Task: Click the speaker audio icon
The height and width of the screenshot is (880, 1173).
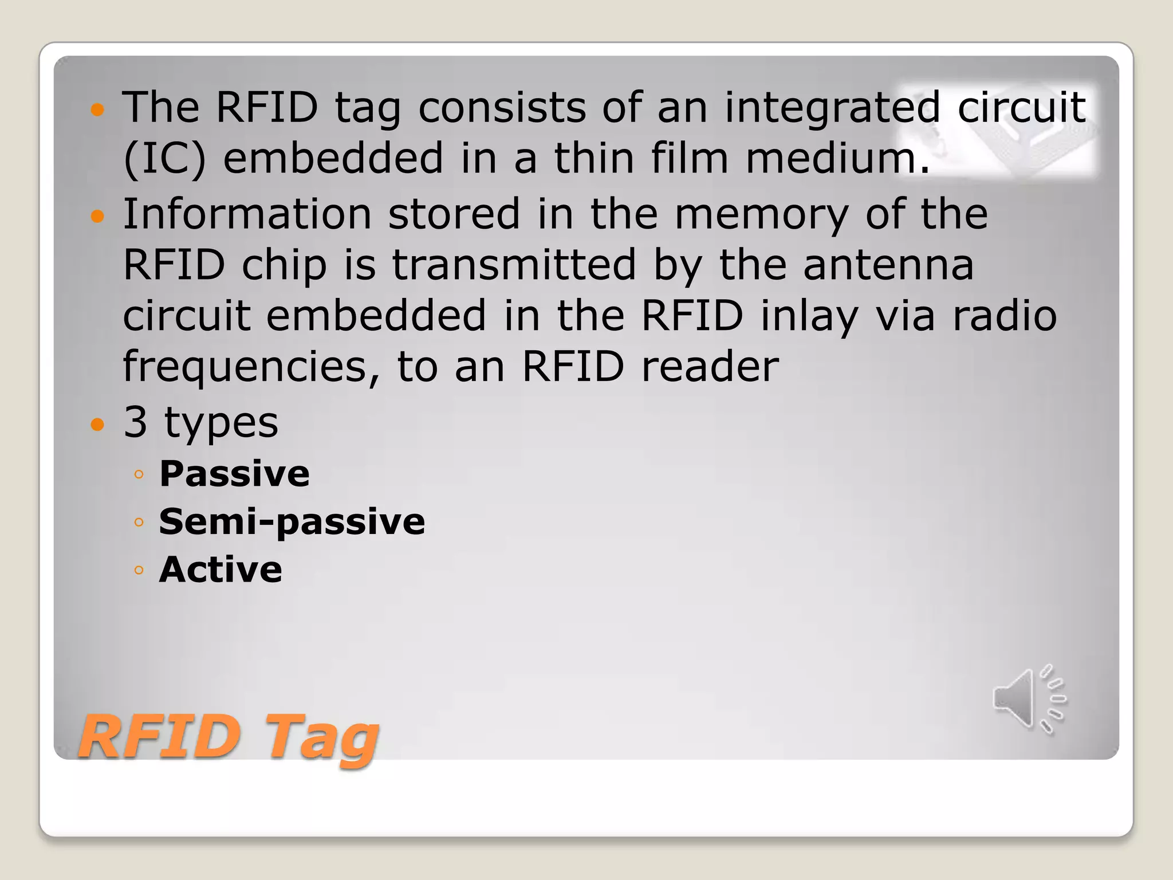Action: pyautogui.click(x=1029, y=700)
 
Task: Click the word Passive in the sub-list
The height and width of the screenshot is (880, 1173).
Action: pyautogui.click(x=234, y=474)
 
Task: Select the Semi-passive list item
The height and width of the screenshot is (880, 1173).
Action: pyautogui.click(x=292, y=522)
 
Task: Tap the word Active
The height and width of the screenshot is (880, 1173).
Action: pyautogui.click(x=221, y=569)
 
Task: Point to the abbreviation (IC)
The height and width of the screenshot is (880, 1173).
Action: pyautogui.click(x=164, y=158)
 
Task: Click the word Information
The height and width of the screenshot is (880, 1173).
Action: pyautogui.click(x=247, y=214)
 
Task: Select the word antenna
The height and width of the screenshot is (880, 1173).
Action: pyautogui.click(x=888, y=265)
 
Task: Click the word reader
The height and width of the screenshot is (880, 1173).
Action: pyautogui.click(x=710, y=367)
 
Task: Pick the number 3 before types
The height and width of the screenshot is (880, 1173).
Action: pyautogui.click(x=135, y=422)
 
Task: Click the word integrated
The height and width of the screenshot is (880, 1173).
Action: pyautogui.click(x=832, y=107)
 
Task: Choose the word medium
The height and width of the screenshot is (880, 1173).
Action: pyautogui.click(x=837, y=158)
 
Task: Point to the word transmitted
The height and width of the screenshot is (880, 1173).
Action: pyautogui.click(x=514, y=265)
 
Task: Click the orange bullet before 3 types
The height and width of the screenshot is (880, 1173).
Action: pyautogui.click(x=98, y=425)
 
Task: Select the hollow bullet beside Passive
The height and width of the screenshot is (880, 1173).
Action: pyautogui.click(x=138, y=474)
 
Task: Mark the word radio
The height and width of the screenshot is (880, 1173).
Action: pyautogui.click(x=1004, y=316)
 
